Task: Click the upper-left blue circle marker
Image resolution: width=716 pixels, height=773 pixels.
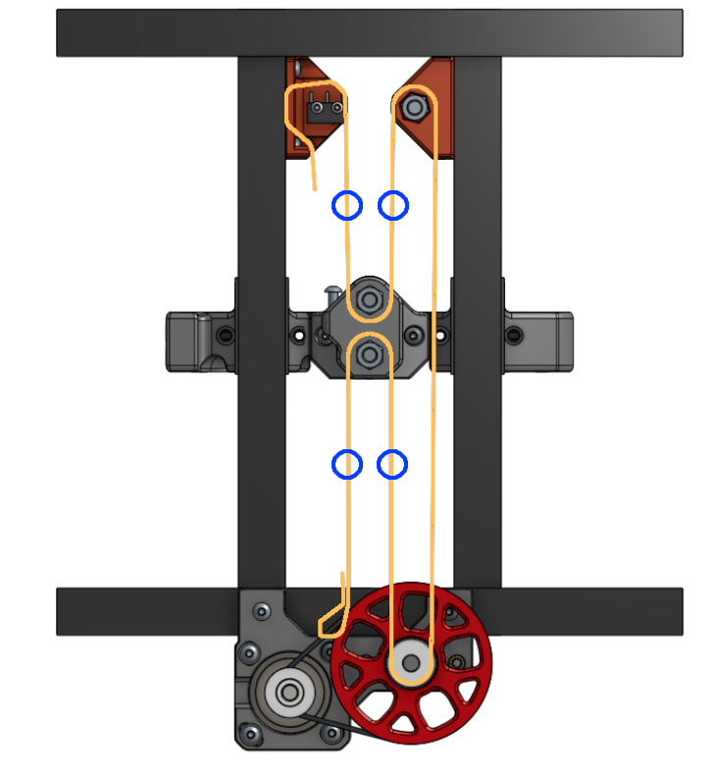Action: (347, 205)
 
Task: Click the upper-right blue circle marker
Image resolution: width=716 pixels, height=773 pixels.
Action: (393, 205)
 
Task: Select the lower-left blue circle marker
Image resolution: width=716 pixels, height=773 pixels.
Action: (347, 464)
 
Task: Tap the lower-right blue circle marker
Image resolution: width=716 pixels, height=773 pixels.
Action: (392, 464)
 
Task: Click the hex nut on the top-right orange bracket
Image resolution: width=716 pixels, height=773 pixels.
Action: (414, 105)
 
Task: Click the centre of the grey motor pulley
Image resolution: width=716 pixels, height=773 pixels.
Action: (289, 693)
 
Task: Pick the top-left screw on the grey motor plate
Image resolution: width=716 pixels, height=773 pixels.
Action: (262, 611)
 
